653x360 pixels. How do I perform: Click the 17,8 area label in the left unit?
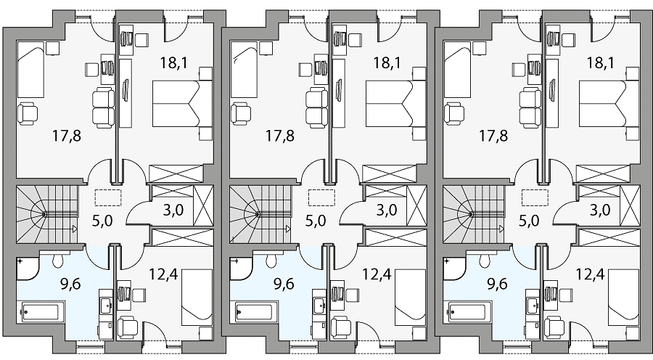(67, 136)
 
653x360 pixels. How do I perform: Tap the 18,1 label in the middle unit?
(387, 63)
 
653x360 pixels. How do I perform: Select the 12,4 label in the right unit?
(590, 274)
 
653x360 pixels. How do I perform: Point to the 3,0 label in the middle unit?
(387, 210)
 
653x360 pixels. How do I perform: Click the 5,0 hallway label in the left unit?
(102, 221)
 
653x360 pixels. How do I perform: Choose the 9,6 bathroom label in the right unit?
(497, 285)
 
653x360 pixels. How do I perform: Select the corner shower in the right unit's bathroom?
(453, 269)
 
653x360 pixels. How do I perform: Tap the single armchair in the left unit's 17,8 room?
(28, 114)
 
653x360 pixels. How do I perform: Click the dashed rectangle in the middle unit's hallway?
(321, 197)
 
